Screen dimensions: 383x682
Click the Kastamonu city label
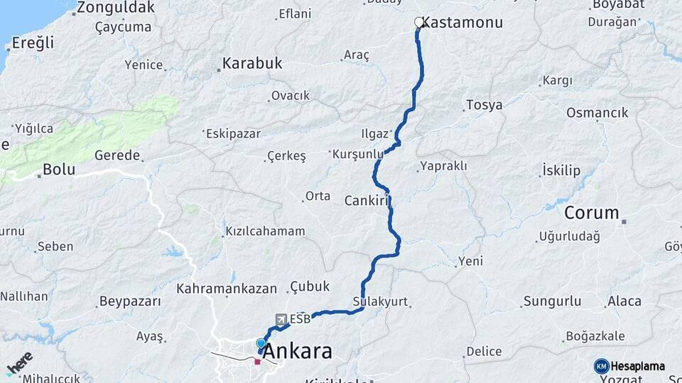click(465, 23)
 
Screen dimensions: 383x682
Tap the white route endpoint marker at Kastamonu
click(418, 22)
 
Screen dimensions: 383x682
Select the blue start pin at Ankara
click(261, 345)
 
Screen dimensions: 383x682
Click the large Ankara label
click(297, 352)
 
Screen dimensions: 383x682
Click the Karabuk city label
click(252, 63)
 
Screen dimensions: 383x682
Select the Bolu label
click(59, 170)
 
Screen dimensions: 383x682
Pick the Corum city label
click(592, 213)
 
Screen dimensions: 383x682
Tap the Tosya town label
click(484, 105)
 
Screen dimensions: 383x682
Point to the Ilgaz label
click(375, 133)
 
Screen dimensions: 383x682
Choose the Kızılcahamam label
click(265, 231)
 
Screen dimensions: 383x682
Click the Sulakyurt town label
click(381, 301)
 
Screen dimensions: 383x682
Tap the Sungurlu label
click(552, 301)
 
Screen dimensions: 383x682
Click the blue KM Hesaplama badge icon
click(602, 366)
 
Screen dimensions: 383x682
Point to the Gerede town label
click(114, 155)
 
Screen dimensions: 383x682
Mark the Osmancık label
click(597, 113)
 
